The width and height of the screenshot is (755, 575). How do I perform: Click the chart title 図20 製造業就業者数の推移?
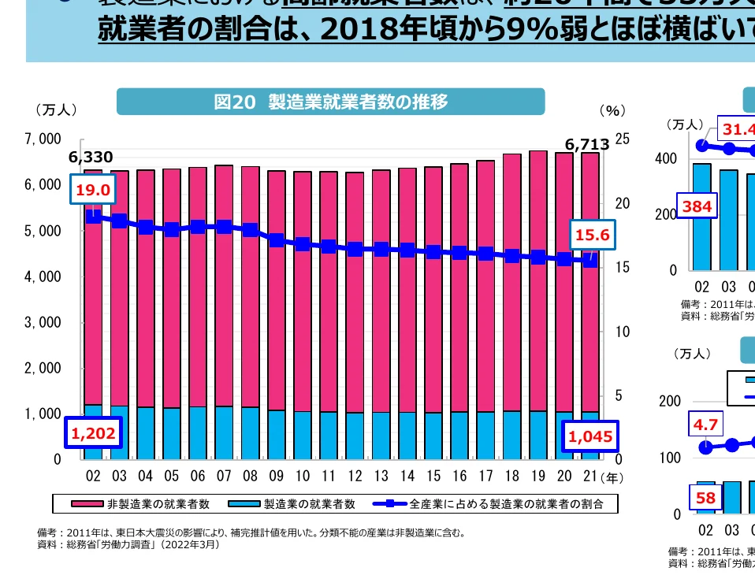[330, 102]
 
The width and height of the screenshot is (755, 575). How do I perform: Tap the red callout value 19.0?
[93, 189]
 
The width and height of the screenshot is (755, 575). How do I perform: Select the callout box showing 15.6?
[591, 234]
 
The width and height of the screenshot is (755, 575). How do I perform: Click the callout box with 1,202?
[93, 432]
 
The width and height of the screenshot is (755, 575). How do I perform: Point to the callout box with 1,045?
[589, 436]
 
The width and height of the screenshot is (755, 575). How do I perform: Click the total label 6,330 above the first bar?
[91, 157]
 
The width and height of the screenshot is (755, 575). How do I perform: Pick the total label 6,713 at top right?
[587, 144]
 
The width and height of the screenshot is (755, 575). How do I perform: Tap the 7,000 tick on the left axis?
[43, 139]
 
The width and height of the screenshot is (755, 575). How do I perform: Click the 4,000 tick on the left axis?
[43, 276]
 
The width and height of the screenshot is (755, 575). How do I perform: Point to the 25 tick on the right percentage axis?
[622, 139]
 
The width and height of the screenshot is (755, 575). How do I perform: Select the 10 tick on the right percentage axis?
[622, 332]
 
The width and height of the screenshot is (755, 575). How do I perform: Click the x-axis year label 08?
[250, 477]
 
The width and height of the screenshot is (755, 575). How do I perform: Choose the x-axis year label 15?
[433, 477]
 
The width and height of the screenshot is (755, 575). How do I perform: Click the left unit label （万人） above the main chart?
[55, 109]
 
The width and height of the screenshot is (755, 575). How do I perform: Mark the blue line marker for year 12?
[355, 249]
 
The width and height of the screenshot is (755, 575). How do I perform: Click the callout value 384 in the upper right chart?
[698, 207]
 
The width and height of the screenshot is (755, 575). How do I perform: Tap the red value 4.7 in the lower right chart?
[706, 425]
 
